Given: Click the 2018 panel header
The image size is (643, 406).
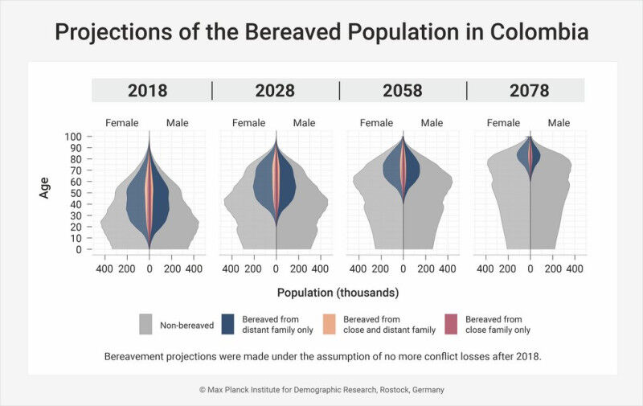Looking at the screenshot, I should pos(148,90).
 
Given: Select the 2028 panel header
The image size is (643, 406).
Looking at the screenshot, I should pos(275,90).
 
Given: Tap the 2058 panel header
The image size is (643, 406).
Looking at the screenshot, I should pos(403,90).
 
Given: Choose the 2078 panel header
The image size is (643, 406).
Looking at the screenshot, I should pos(529,90).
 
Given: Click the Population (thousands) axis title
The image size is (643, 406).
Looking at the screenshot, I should pos(338,292).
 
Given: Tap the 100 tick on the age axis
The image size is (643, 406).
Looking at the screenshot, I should pos(72,137).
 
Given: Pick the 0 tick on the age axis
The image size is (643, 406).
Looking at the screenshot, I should pos(78,249).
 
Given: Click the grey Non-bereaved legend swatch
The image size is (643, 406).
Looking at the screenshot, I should pos(145,324).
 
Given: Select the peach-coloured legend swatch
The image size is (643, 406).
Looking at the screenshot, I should pos(330,324).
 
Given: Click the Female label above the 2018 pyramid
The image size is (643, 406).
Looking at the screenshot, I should pos(122,123).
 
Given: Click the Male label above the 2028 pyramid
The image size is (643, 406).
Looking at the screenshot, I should pos(304,123).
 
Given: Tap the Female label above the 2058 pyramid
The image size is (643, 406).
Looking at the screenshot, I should pos(376,123).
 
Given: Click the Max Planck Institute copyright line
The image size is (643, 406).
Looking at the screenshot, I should pos(321,390).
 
